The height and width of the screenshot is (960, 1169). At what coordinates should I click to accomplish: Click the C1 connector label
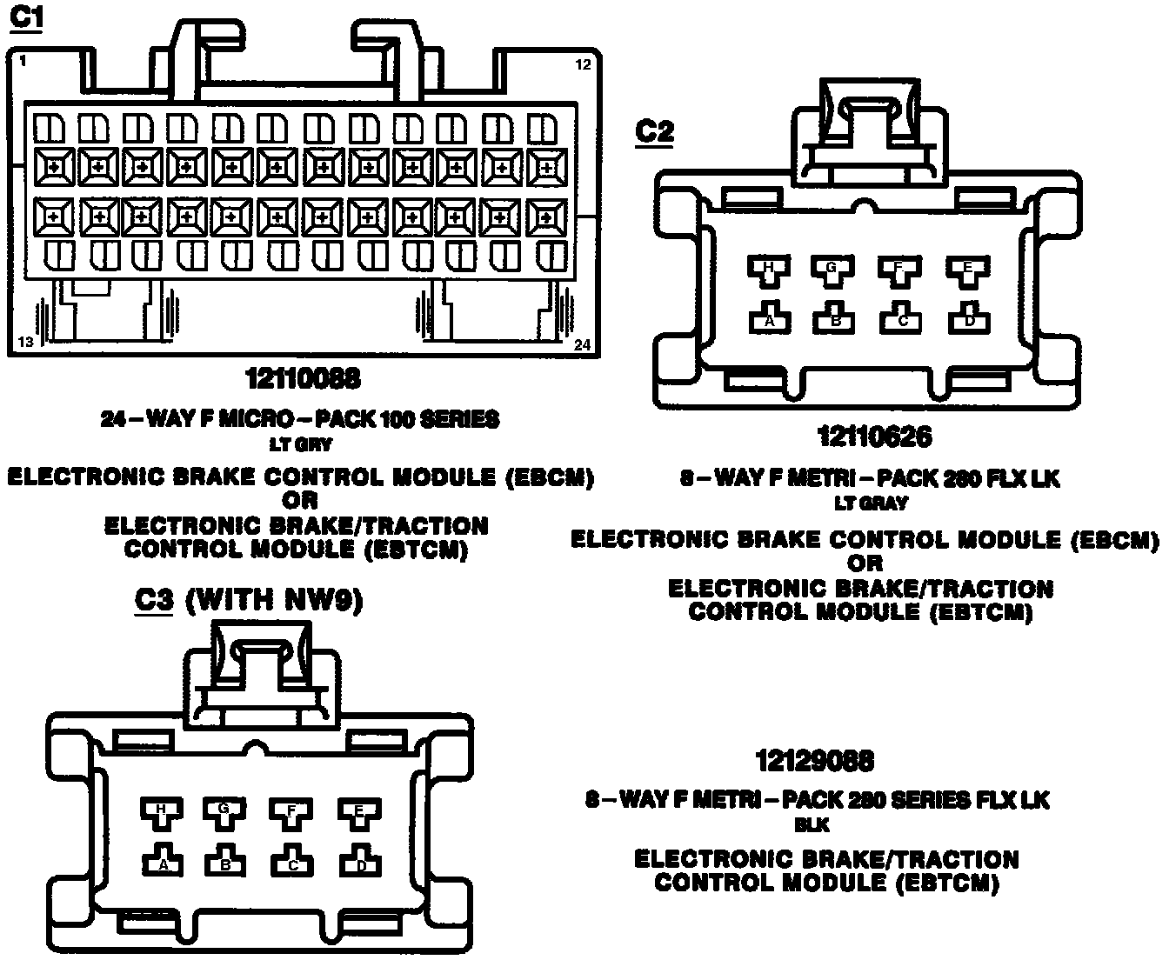(x=25, y=18)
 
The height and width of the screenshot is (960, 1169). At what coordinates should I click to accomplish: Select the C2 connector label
(x=654, y=131)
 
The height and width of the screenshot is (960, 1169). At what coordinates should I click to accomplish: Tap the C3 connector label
(x=154, y=600)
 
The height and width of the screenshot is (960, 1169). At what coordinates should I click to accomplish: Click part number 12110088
(x=302, y=379)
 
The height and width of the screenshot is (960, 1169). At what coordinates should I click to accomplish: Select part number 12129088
(x=814, y=761)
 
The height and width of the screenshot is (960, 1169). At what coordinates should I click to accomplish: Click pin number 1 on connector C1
(x=21, y=62)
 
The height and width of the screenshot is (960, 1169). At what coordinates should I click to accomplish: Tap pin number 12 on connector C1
(x=583, y=64)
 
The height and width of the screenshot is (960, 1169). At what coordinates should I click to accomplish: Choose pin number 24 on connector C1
(x=582, y=345)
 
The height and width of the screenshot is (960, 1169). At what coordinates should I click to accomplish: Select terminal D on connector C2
(x=969, y=318)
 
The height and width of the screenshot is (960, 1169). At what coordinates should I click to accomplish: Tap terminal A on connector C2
(x=769, y=318)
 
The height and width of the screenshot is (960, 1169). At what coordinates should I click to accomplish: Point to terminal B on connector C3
(x=225, y=862)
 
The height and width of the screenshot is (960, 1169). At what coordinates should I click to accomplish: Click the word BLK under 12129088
(x=812, y=824)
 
